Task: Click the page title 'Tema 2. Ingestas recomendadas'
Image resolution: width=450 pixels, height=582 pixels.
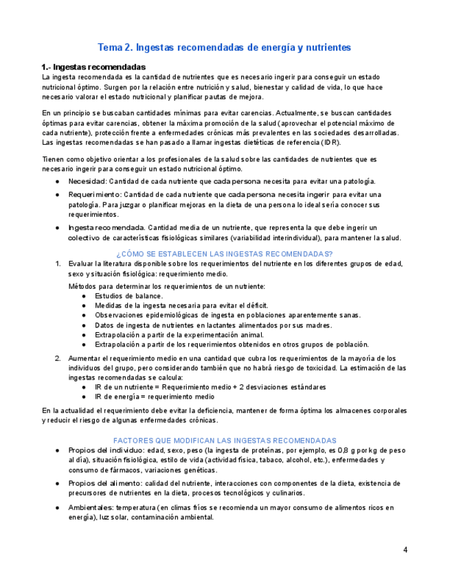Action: point(225,47)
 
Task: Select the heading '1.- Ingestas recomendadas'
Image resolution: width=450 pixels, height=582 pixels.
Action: point(93,67)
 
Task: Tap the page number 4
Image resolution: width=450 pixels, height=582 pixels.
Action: point(405,550)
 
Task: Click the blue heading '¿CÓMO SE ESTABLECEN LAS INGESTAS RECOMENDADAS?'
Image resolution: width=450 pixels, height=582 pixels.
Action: point(225,253)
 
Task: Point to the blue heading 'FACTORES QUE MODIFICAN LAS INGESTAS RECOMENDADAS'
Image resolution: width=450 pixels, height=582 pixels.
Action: point(225,440)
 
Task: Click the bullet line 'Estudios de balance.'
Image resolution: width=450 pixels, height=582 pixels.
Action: point(128,296)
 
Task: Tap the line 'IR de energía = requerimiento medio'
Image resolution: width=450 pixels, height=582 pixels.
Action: point(155,397)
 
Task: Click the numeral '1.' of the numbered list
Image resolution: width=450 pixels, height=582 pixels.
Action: point(58,264)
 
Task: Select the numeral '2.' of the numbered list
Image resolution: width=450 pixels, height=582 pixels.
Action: point(58,358)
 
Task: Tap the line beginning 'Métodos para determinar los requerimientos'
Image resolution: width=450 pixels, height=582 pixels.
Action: point(166,286)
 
